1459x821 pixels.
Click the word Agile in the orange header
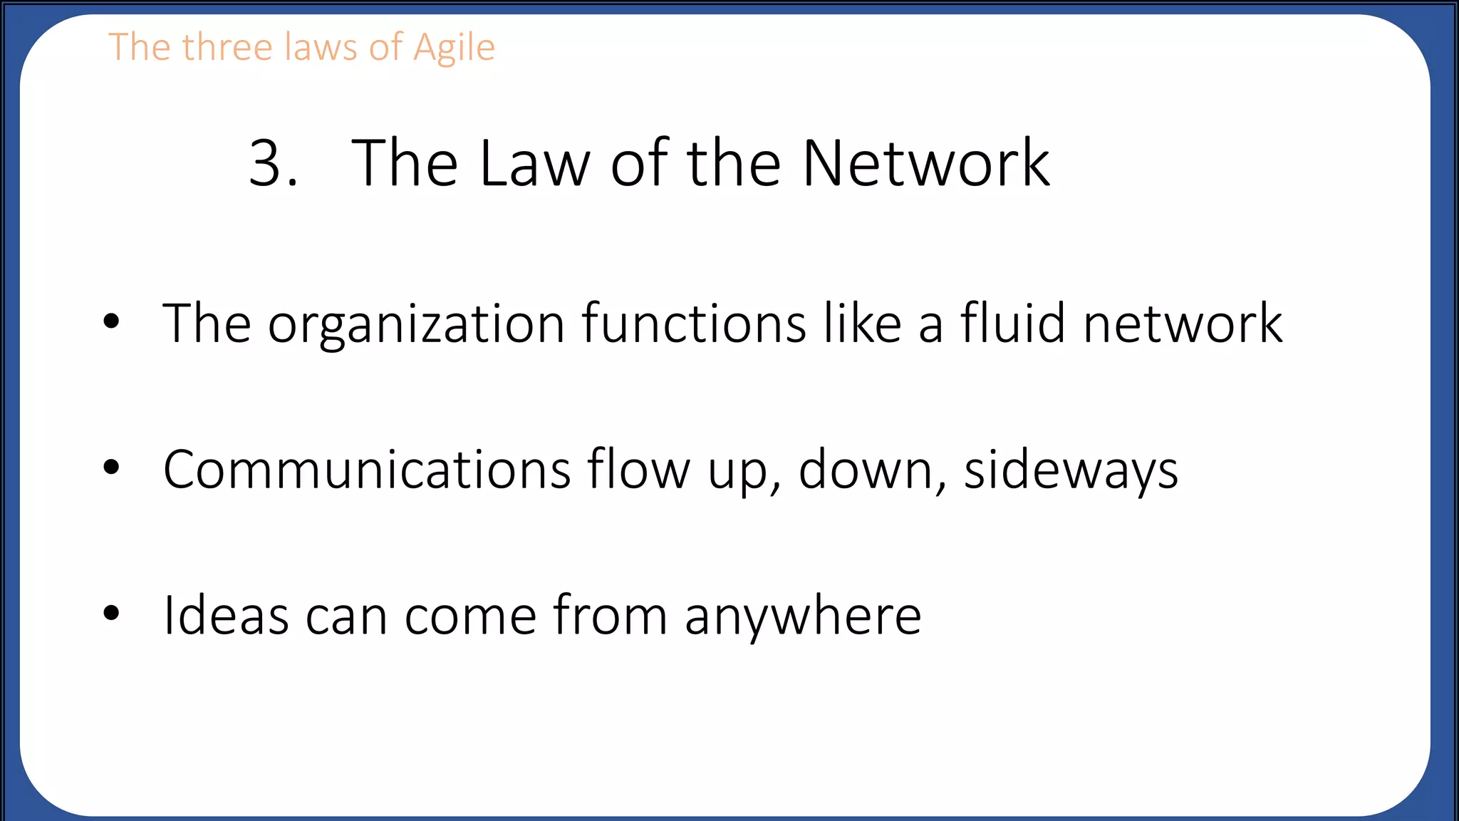454,48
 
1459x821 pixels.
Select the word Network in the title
925,164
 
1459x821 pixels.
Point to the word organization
416,325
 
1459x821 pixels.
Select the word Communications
367,470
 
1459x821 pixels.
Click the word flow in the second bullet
638,470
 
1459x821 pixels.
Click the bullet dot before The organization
111,321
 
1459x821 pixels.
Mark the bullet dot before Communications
111,467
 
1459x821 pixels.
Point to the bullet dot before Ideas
111,612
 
